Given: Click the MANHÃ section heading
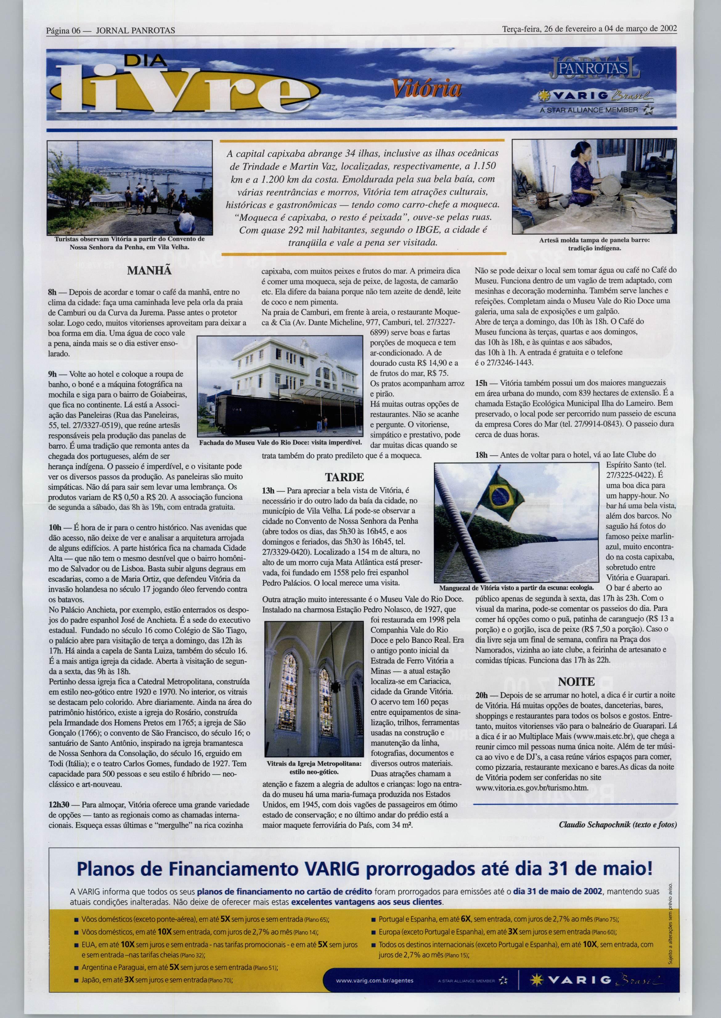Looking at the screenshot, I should pyautogui.click(x=149, y=271).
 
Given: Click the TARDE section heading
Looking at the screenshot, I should pyautogui.click(x=344, y=477).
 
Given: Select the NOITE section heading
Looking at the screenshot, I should pyautogui.click(x=576, y=682).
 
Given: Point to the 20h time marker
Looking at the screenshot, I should pyautogui.click(x=481, y=695).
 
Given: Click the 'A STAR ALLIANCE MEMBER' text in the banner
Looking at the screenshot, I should pyautogui.click(x=589, y=110).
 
